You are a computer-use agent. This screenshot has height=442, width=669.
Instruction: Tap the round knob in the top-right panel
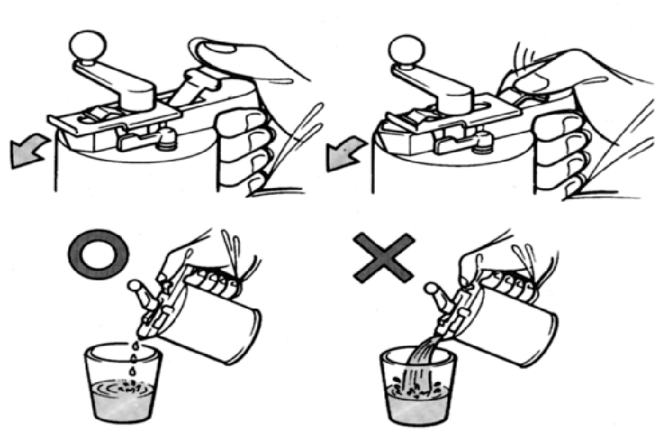406,49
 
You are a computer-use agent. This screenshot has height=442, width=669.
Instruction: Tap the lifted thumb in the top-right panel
530,75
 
